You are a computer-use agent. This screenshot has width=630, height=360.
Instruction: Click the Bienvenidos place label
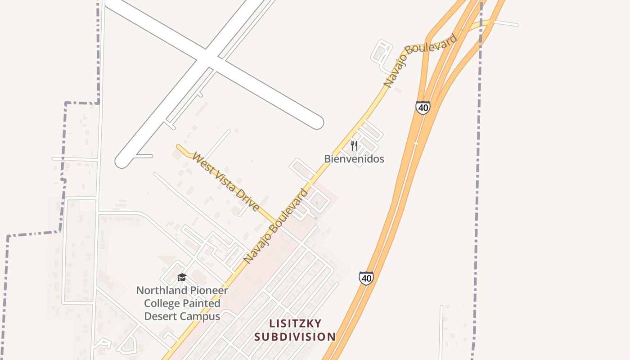click(354, 159)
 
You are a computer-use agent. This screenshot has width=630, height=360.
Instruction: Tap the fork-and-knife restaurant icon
click(354, 145)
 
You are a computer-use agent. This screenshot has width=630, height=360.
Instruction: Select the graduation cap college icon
click(182, 277)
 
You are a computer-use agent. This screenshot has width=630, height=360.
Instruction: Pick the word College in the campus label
click(159, 304)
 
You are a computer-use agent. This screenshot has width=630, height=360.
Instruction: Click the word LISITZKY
click(295, 324)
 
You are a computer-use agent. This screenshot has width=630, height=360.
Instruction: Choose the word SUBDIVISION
click(295, 337)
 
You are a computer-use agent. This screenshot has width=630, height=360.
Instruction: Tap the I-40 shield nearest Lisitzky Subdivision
click(366, 278)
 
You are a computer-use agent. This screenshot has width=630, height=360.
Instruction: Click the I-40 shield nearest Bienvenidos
click(423, 108)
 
